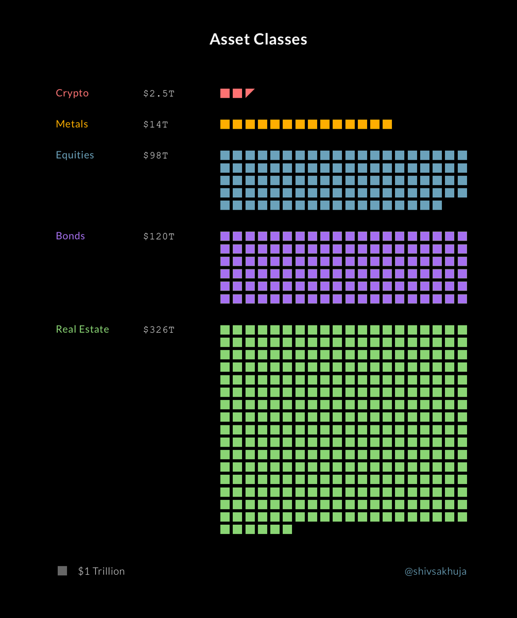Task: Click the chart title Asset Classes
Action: coord(258,40)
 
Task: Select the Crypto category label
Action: coord(72,93)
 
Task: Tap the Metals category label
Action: coord(72,124)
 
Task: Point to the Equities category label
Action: coord(75,155)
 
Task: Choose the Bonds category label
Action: coord(71,236)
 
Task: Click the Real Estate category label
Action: coord(82,329)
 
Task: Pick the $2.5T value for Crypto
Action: coord(159,94)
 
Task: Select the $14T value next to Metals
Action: coord(156,125)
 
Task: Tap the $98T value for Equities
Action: coord(156,156)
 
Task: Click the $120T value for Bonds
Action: coord(159,236)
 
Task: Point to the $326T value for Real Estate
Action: coord(159,330)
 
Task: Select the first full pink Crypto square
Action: coord(225,93)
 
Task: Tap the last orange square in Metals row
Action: coord(387,124)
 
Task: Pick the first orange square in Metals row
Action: coord(225,124)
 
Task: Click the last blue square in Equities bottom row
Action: coord(437,205)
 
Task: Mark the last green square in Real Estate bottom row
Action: coord(287,529)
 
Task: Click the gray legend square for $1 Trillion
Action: coord(62,571)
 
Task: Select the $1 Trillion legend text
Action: coord(101,571)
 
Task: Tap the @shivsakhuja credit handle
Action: coord(436,571)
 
